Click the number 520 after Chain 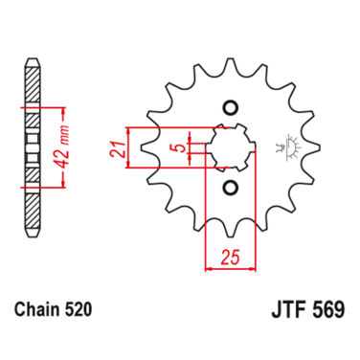(82, 311)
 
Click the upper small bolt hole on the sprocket (229, 106)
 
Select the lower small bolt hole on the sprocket (229, 187)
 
